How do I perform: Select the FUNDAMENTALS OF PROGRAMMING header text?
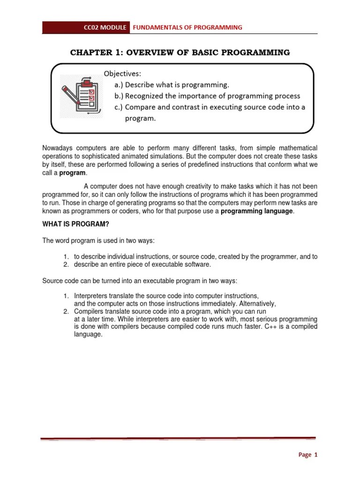[x=187, y=28]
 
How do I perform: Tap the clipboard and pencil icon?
[x=80, y=96]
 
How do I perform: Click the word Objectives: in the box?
[x=122, y=74]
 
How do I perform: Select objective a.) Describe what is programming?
[x=172, y=85]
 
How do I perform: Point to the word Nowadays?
[x=58, y=148]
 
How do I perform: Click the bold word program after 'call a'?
[x=73, y=172]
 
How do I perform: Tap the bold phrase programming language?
[x=257, y=211]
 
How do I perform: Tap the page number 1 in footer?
[x=316, y=455]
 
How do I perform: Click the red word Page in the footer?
[x=305, y=455]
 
